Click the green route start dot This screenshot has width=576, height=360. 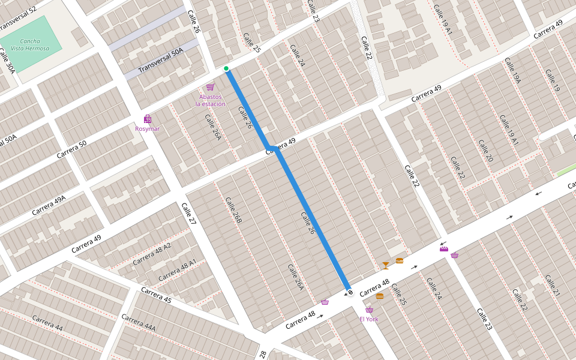coord(226,68)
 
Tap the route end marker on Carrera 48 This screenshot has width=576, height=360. coord(350,292)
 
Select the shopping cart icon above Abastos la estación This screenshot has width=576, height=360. coord(210,87)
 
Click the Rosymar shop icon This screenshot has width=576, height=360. coord(148,119)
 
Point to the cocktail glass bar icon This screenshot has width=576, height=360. coord(385,265)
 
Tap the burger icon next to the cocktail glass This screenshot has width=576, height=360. coord(400,260)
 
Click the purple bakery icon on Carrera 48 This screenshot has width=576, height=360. coord(444,248)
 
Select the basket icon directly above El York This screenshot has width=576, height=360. coord(369,310)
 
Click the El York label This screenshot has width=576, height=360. coord(369,319)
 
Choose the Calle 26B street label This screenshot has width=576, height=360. coord(233,211)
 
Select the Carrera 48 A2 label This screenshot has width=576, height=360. coord(151,254)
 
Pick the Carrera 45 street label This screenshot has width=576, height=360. coord(156,295)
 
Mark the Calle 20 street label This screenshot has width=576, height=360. coord(485,151)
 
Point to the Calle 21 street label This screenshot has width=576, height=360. coord(552,286)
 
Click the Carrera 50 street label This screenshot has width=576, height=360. coord(72,150)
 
